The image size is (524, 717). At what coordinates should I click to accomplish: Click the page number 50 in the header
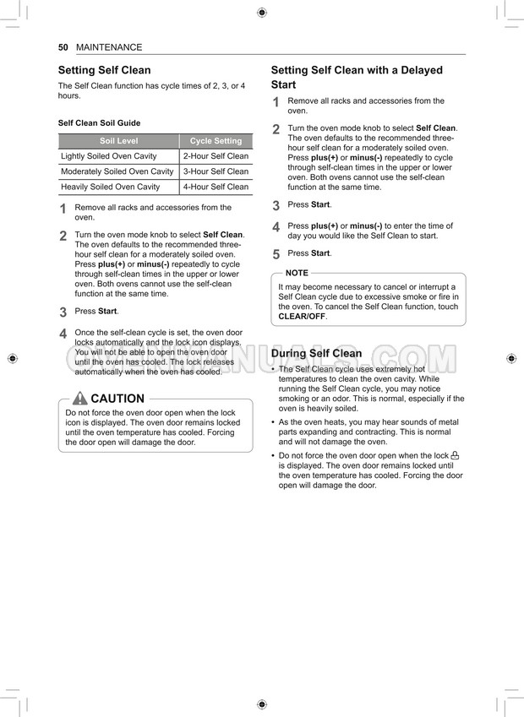pyautogui.click(x=63, y=47)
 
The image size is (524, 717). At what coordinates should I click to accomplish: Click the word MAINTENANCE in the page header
pyautogui.click(x=109, y=47)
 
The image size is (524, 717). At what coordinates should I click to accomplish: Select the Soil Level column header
pyautogui.click(x=118, y=141)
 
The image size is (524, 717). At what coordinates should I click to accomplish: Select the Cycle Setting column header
pyautogui.click(x=216, y=141)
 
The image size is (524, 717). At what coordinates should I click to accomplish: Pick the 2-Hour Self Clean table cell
pyautogui.click(x=216, y=156)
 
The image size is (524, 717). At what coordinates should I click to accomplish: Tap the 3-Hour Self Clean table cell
pyautogui.click(x=216, y=171)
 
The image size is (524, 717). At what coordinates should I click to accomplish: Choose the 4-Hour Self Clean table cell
pyautogui.click(x=216, y=187)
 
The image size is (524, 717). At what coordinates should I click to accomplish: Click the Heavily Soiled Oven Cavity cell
pyautogui.click(x=111, y=187)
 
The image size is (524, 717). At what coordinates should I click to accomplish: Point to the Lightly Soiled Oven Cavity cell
pyautogui.click(x=109, y=156)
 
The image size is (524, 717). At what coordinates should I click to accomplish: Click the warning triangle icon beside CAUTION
pyautogui.click(x=79, y=399)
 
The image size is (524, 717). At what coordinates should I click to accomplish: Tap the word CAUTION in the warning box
pyautogui.click(x=117, y=399)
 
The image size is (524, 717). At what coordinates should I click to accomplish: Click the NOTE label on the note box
pyautogui.click(x=297, y=273)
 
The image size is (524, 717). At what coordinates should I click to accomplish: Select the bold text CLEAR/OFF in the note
pyautogui.click(x=302, y=317)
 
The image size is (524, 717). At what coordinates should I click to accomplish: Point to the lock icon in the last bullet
pyautogui.click(x=455, y=455)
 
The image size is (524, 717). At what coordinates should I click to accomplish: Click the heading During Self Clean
pyautogui.click(x=316, y=353)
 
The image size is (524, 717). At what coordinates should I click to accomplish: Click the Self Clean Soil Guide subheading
pyautogui.click(x=99, y=122)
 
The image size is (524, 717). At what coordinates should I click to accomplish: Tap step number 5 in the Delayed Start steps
pyautogui.click(x=276, y=254)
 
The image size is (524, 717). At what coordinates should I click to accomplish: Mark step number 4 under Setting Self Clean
pyautogui.click(x=63, y=334)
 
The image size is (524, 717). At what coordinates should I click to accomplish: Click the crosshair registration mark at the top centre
pyautogui.click(x=261, y=12)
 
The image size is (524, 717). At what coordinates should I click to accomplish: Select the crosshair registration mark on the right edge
pyautogui.click(x=511, y=358)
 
